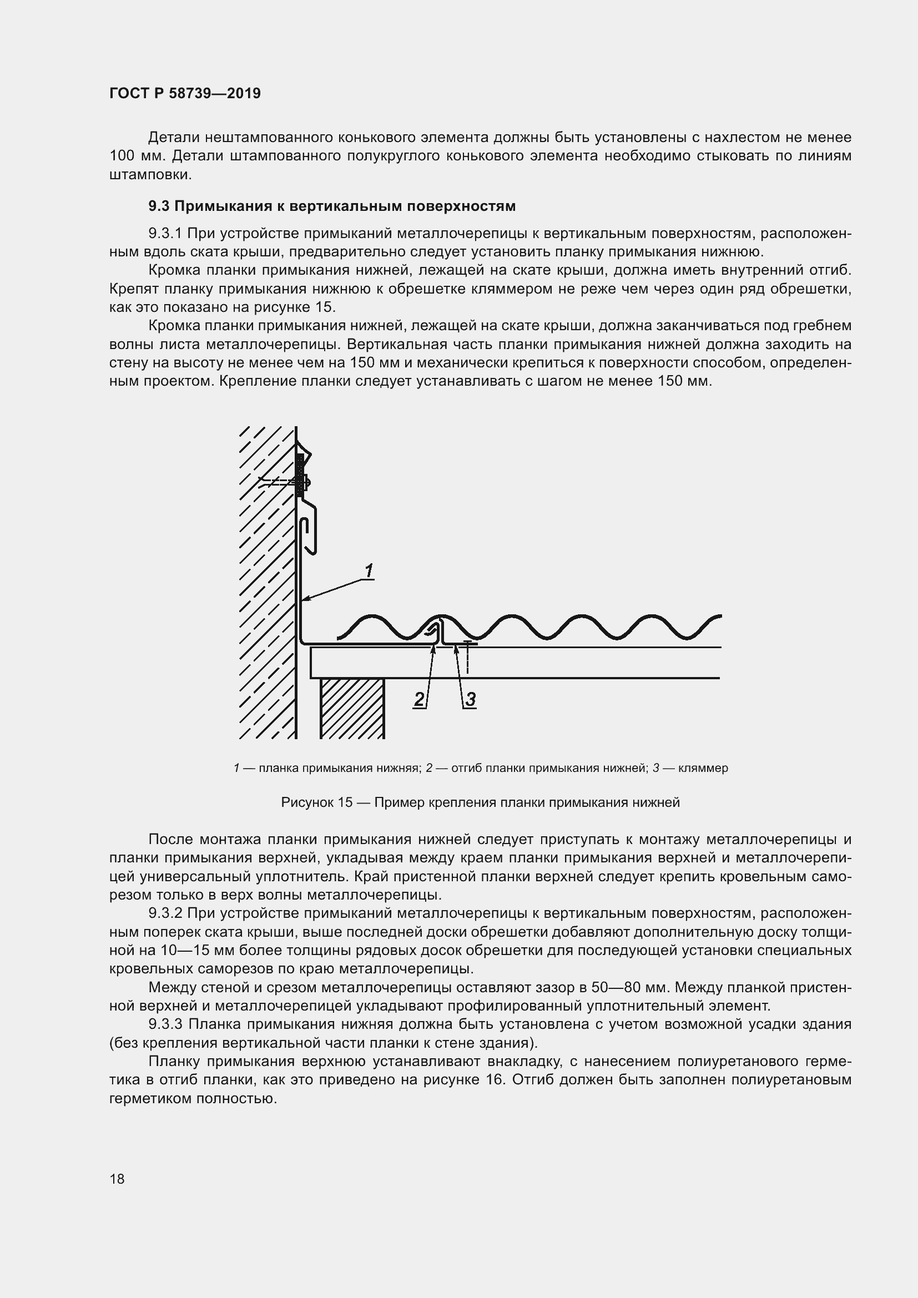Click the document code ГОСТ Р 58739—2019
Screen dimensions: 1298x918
[185, 93]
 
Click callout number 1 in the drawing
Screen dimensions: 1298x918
[369, 571]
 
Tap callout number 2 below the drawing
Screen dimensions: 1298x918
[419, 699]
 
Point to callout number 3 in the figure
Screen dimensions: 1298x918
[470, 699]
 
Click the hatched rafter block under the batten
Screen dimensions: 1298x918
[352, 708]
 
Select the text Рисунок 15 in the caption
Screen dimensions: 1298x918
[316, 802]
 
